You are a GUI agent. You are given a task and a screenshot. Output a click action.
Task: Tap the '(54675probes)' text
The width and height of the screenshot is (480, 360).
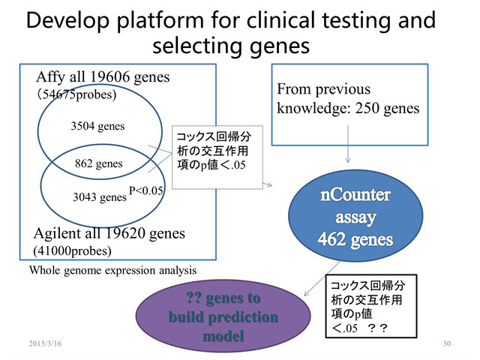[x=76, y=94]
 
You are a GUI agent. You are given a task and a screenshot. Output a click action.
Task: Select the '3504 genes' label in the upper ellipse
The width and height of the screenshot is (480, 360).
[x=97, y=126]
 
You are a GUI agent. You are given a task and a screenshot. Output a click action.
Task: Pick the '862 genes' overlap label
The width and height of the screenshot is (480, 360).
[x=98, y=163]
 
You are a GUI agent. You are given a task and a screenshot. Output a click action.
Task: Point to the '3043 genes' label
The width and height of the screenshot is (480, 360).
[x=100, y=196]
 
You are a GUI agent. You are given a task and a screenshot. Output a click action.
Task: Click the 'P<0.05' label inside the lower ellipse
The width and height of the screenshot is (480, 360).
[x=145, y=190]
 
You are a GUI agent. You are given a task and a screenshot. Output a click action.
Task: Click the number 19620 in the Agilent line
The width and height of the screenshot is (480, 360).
[x=125, y=233]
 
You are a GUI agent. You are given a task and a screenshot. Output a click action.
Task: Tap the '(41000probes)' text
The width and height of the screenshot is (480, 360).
[x=72, y=251]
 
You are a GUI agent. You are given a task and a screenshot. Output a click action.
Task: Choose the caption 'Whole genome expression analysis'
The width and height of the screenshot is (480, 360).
[x=112, y=270]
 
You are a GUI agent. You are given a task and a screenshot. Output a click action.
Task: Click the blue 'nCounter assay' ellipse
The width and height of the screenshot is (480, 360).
[x=355, y=215]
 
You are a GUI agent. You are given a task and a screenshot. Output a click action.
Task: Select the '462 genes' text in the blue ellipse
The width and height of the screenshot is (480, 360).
[x=355, y=239]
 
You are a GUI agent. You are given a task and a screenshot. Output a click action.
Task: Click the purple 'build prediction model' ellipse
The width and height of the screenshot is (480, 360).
[x=223, y=316]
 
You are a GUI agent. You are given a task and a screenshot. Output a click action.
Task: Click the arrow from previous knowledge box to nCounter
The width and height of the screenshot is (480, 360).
[x=348, y=144]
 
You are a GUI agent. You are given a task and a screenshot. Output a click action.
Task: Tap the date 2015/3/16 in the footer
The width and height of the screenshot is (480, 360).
[x=45, y=343]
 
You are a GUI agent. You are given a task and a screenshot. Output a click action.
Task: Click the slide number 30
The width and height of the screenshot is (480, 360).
[x=447, y=343]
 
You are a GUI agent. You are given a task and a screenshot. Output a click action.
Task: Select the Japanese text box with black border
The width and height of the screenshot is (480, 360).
[x=370, y=306]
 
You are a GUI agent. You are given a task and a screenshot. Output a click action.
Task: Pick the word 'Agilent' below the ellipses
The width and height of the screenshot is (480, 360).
[x=58, y=234]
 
